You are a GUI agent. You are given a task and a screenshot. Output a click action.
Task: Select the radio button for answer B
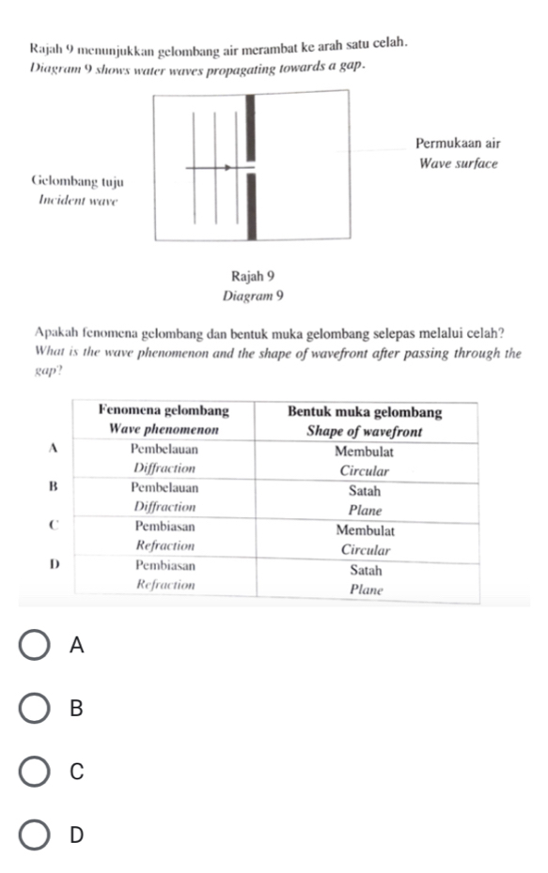[x=36, y=709]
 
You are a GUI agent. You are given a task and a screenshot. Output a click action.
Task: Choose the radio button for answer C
[x=36, y=772]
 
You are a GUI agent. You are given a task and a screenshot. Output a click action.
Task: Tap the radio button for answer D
[x=36, y=834]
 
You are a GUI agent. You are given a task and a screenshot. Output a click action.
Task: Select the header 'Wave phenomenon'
[x=164, y=429]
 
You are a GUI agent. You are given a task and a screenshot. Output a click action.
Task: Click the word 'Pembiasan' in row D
[x=164, y=567]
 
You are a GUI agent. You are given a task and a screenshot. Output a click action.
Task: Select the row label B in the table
[x=53, y=488]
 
